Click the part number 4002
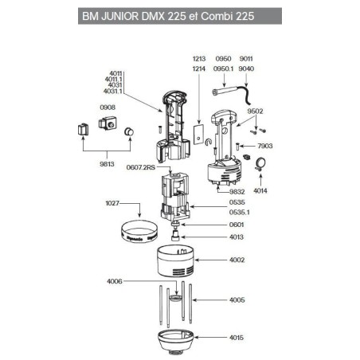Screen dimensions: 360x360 tap(237, 260)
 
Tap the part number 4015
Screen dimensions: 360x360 tap(237, 338)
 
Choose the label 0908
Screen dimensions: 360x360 tap(108, 107)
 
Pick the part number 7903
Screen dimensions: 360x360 tap(264, 147)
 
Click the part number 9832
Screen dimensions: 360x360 tap(237, 192)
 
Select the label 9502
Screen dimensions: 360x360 tap(257, 112)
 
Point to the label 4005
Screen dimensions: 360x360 tap(237, 300)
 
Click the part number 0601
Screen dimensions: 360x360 tap(237, 225)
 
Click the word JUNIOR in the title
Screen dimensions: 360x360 tap(128, 17)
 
